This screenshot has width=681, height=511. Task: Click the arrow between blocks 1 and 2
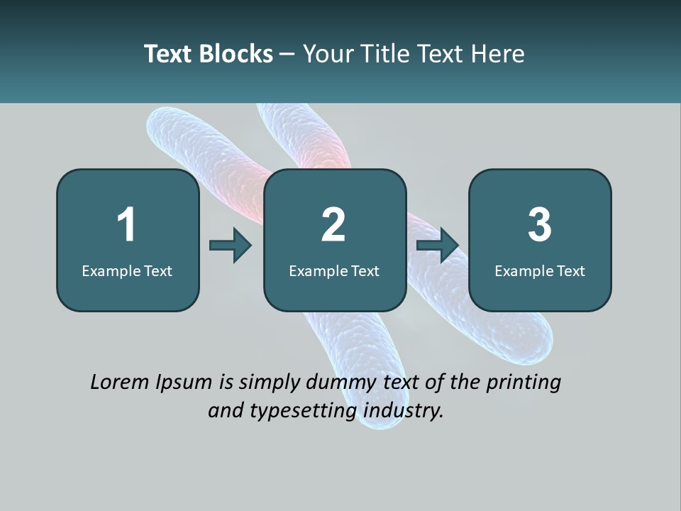pyautogui.click(x=231, y=246)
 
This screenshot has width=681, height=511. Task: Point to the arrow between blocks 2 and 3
pyautogui.click(x=438, y=246)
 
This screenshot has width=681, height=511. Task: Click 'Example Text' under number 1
pyautogui.click(x=127, y=270)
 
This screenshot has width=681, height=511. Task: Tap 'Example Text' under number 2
pyautogui.click(x=334, y=270)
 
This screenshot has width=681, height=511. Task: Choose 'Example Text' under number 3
pyautogui.click(x=540, y=270)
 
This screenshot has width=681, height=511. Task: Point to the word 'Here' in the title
pyautogui.click(x=498, y=54)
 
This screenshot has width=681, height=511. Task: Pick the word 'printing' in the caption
pyautogui.click(x=524, y=383)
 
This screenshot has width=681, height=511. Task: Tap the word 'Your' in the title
pyautogui.click(x=329, y=54)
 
